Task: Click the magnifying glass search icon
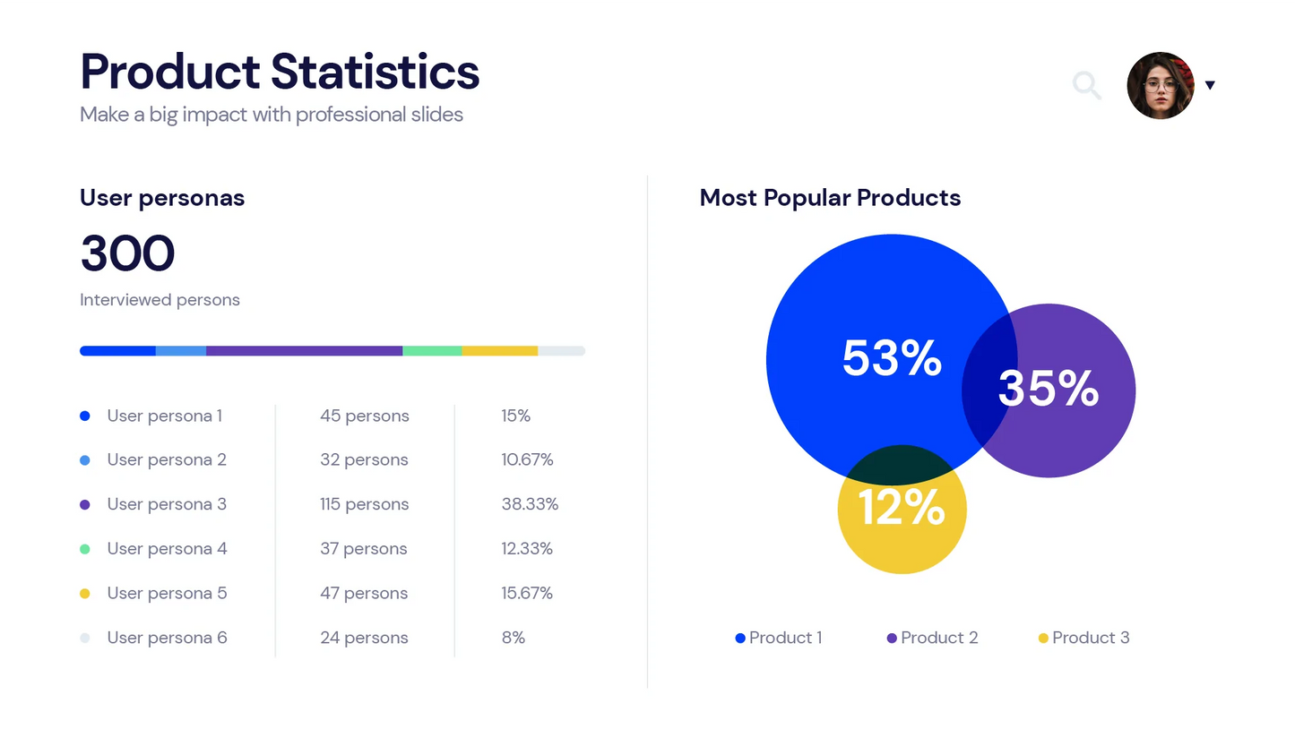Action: click(1086, 85)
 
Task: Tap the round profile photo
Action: click(1161, 85)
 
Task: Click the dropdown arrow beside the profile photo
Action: click(1210, 85)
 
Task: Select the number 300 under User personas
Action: click(127, 253)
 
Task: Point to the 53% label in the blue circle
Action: click(892, 358)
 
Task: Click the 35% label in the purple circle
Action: click(1048, 389)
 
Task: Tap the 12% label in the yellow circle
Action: click(902, 508)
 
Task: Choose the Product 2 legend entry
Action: click(932, 638)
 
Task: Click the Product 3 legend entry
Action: click(1083, 638)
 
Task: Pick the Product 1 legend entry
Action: click(779, 638)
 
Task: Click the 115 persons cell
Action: click(364, 504)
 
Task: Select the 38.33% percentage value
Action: click(530, 504)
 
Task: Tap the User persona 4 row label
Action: click(167, 548)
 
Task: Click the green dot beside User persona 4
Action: click(85, 548)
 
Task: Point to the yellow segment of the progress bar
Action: click(499, 351)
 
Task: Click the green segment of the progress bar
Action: click(432, 351)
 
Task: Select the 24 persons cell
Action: click(364, 638)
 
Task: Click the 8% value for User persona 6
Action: click(514, 638)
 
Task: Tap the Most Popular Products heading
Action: click(830, 198)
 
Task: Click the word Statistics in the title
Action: click(375, 72)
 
